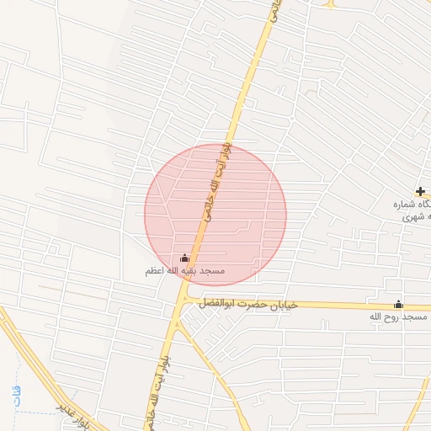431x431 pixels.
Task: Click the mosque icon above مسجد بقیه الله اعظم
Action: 185,258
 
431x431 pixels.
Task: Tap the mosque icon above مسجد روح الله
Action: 398,305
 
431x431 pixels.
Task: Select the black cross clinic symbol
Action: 420,191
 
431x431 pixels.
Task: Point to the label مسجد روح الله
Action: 398,317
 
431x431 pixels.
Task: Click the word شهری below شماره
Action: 413,216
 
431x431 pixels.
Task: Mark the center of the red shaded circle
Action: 215,215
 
